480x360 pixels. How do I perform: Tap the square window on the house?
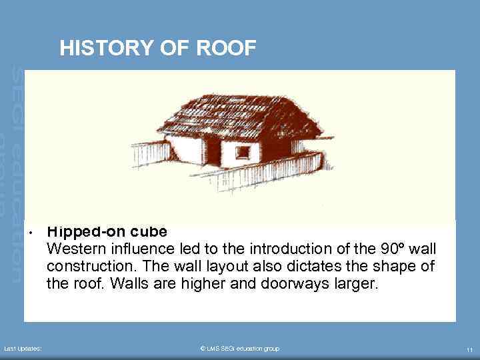[x=243, y=152]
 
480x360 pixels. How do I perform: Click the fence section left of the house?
[x=149, y=153]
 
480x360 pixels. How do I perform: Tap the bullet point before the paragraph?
[x=31, y=233]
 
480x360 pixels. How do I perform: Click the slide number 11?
[x=469, y=349]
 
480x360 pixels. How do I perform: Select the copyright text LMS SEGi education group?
[x=240, y=349]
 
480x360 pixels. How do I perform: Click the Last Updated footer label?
[x=23, y=349]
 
